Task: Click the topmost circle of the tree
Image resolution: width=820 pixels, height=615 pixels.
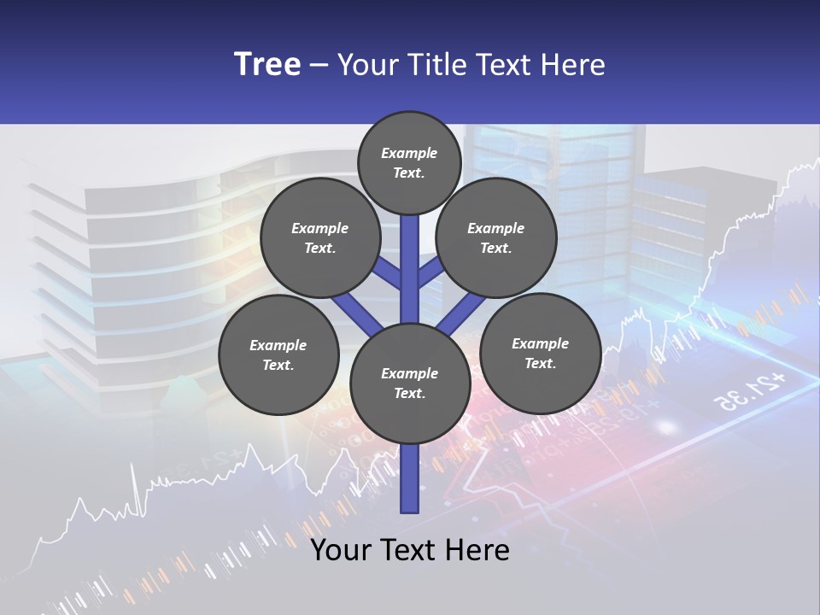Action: tap(409, 162)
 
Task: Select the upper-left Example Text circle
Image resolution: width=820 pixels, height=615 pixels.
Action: tap(319, 238)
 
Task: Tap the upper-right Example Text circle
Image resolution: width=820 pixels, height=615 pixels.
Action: tap(495, 238)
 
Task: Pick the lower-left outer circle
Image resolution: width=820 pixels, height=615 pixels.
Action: tap(278, 354)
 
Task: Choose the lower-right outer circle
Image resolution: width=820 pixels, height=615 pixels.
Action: tap(540, 353)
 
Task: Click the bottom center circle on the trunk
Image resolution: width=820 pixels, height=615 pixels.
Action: tap(410, 384)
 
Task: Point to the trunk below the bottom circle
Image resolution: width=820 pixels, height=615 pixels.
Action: tap(410, 478)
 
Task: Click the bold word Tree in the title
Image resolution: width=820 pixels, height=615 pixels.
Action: tap(267, 64)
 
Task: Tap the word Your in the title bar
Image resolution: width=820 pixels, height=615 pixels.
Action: tap(366, 64)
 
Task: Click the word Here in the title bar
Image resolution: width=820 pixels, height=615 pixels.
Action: tap(575, 64)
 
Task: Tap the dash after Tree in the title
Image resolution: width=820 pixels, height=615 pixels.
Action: tap(319, 66)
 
